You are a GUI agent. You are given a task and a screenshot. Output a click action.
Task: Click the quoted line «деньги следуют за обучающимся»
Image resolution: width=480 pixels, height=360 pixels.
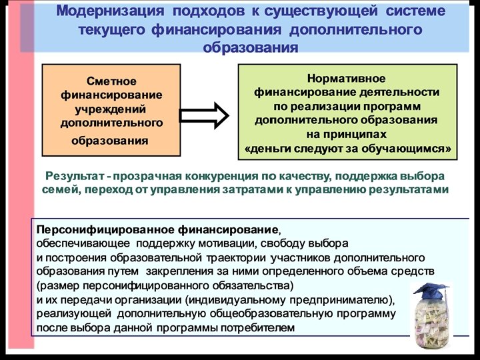[348, 148]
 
